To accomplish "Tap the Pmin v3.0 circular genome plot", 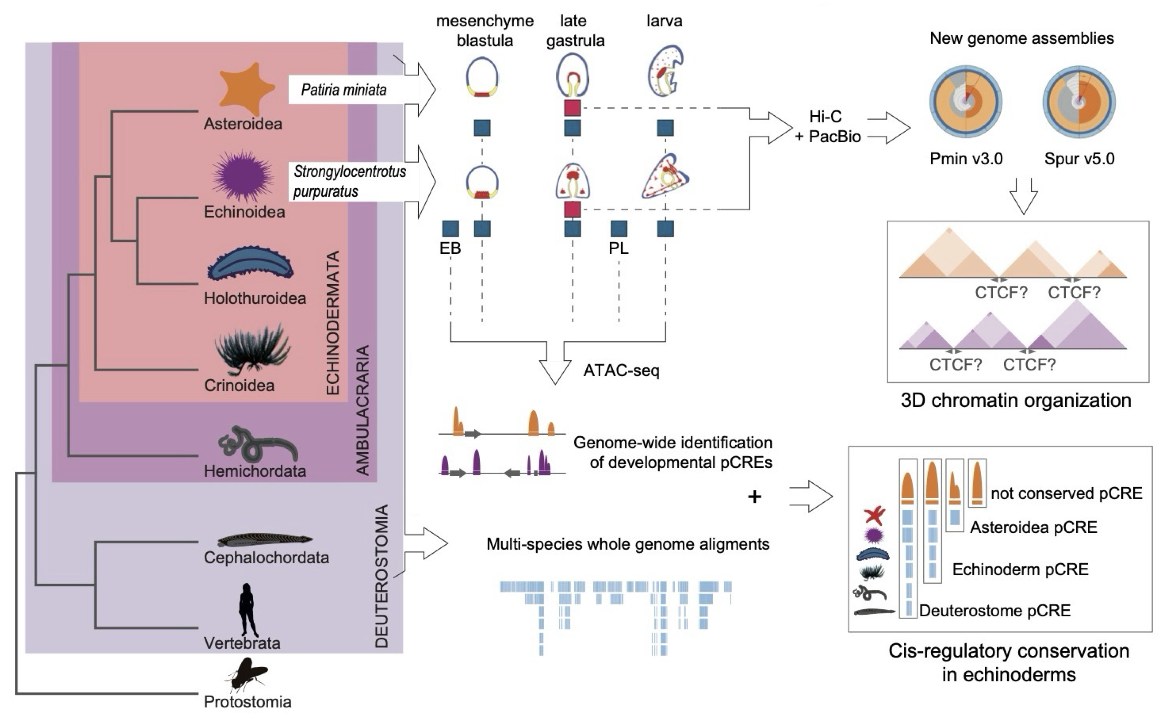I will [x=966, y=102].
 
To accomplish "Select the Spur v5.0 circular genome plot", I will [x=1079, y=102].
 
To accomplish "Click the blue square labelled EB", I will [x=450, y=229].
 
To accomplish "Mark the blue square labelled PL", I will [x=618, y=229].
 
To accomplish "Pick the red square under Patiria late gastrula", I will [x=572, y=108].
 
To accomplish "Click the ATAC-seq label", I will [x=622, y=370].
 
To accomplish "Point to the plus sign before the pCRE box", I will [x=754, y=497].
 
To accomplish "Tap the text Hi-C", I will [x=825, y=117].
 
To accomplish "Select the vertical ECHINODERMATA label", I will [x=333, y=323].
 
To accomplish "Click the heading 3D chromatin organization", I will [x=1016, y=401].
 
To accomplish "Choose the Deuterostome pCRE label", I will [x=995, y=610].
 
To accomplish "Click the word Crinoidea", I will [x=239, y=385].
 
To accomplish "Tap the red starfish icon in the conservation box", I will [x=874, y=515].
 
